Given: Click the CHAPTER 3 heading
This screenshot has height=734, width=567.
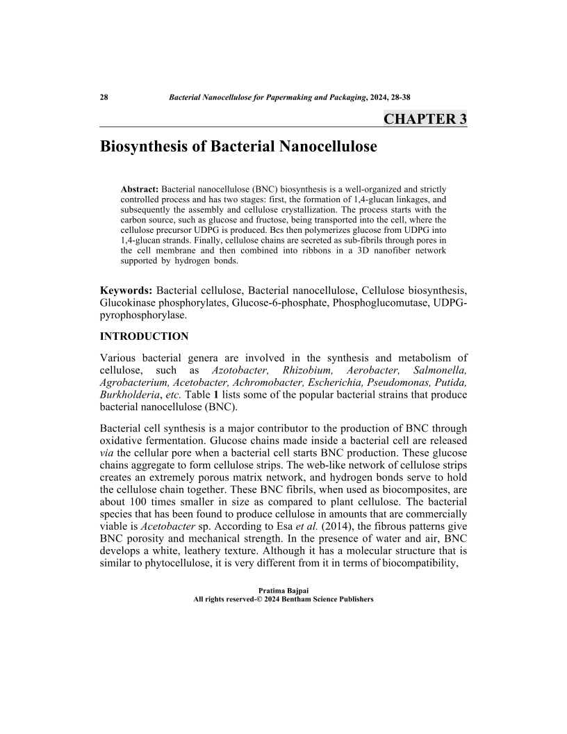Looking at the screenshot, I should (x=425, y=119).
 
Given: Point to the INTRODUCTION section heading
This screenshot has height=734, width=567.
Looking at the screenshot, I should (x=145, y=336).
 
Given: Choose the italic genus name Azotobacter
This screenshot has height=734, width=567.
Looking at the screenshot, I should (x=234, y=370).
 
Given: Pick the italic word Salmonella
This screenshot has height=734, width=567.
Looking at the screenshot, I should (x=439, y=370).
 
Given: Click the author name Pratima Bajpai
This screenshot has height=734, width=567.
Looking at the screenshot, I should (x=283, y=591).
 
